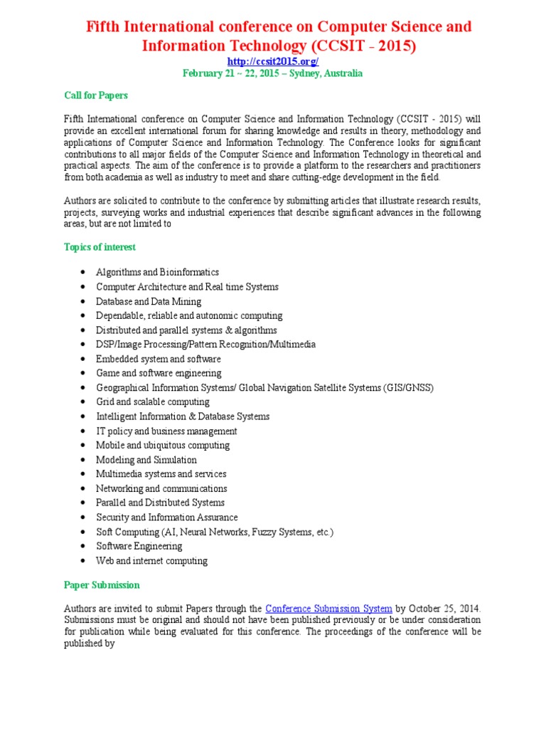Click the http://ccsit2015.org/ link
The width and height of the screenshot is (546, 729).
[x=273, y=62]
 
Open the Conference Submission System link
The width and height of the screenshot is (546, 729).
[x=328, y=609]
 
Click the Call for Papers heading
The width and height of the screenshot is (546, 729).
[x=96, y=95]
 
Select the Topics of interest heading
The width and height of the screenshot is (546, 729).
[x=100, y=247]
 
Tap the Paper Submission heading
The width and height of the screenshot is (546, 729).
[x=102, y=585]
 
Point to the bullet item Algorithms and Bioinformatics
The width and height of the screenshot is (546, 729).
[x=157, y=272]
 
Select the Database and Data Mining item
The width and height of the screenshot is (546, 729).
[x=149, y=301]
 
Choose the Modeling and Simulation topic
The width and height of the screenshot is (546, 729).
[x=146, y=460]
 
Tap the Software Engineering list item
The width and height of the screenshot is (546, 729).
[x=139, y=546]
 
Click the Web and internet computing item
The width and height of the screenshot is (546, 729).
[x=152, y=561]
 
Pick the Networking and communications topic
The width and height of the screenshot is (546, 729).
[x=161, y=488]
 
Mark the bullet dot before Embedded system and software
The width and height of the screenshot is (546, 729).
[x=84, y=359]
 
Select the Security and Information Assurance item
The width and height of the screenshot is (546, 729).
[x=167, y=518]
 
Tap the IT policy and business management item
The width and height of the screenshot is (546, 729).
[x=166, y=431]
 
